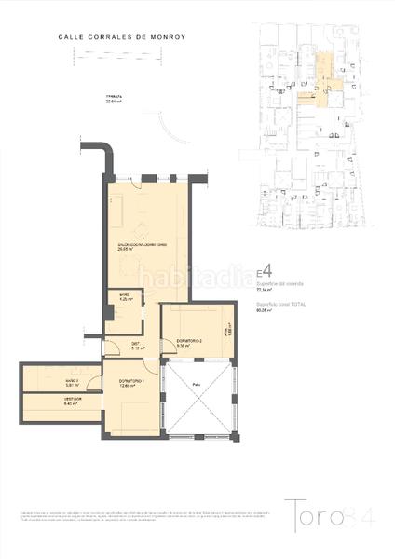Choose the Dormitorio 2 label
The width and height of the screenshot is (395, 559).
(189, 343)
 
